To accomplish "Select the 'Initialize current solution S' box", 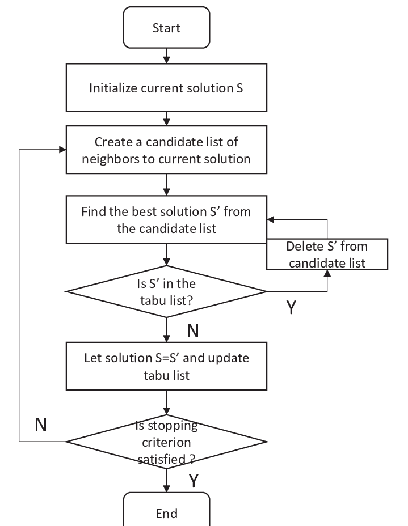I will pyautogui.click(x=166, y=88).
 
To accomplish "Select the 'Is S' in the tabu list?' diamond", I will pyautogui.click(x=166, y=292).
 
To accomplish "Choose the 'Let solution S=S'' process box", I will pyautogui.click(x=166, y=366).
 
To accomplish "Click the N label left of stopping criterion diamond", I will pyautogui.click(x=40, y=425).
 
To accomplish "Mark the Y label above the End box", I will pyautogui.click(x=193, y=481).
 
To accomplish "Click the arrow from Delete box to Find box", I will pyautogui.click(x=328, y=227).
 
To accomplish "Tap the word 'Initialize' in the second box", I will pyautogui.click(x=113, y=88).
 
